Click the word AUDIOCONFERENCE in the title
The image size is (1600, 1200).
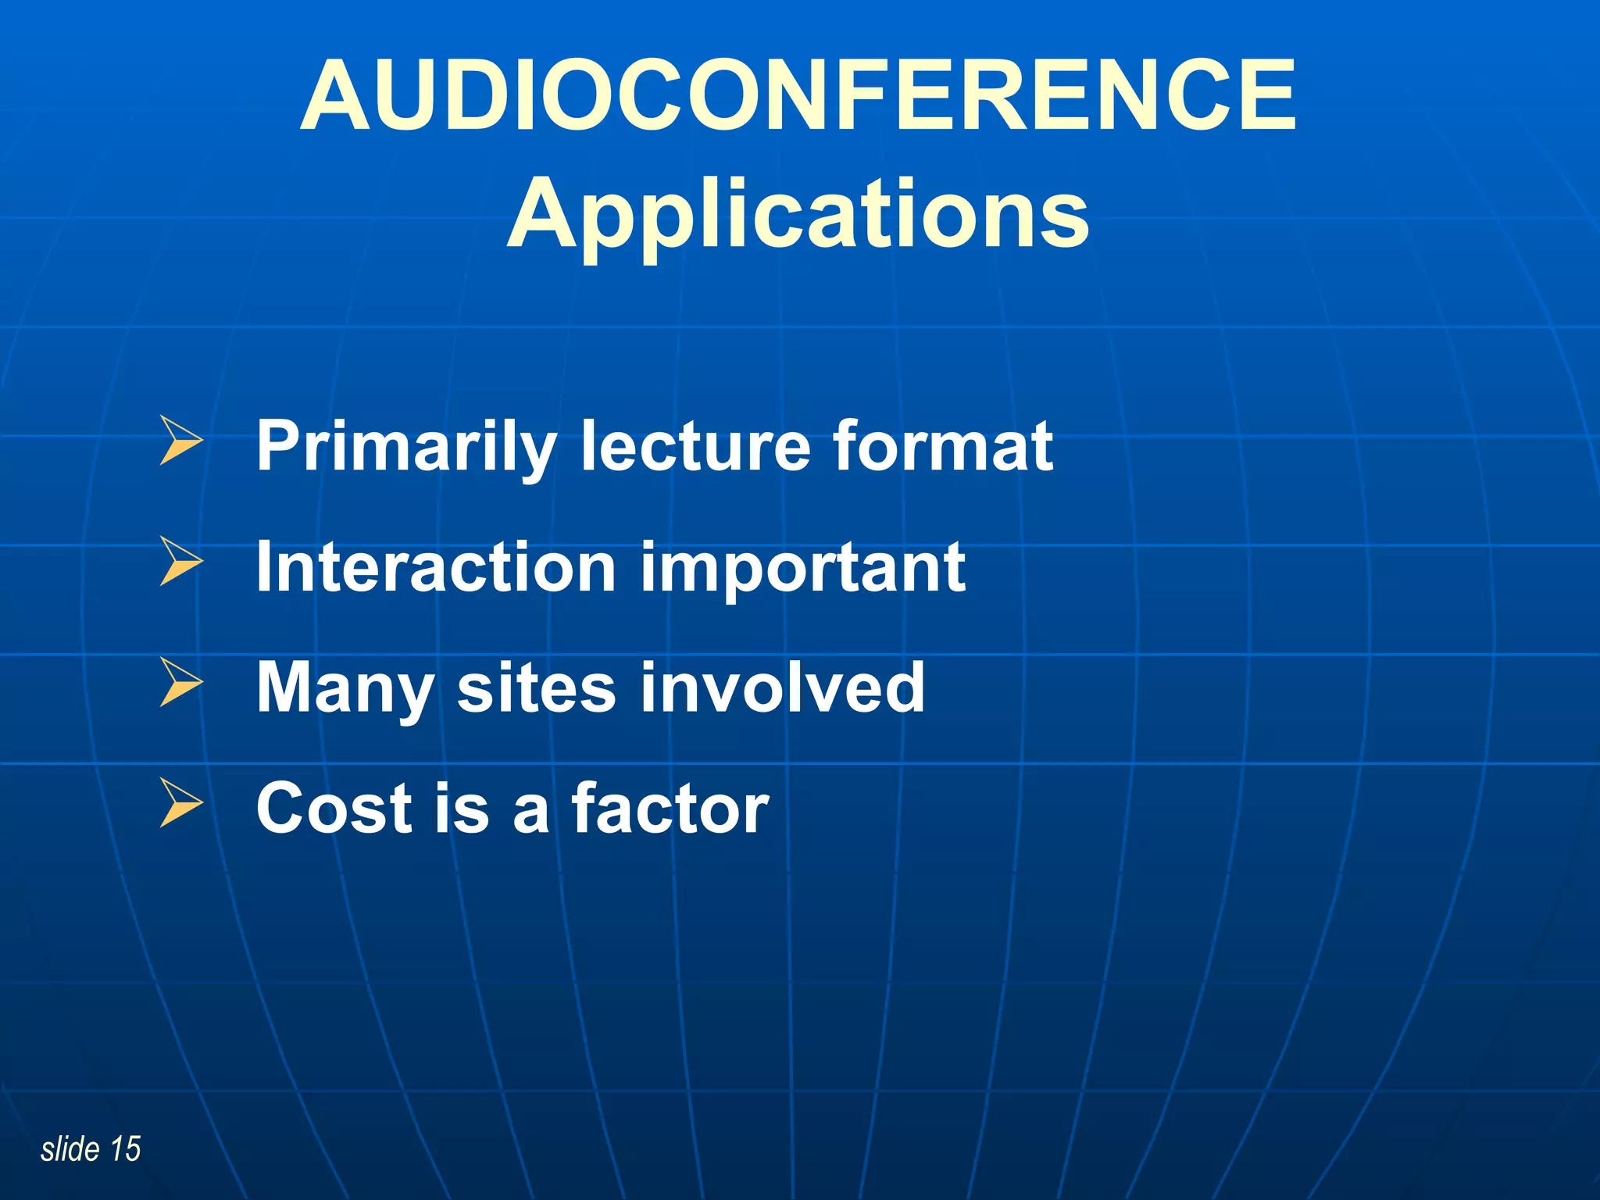point(798,96)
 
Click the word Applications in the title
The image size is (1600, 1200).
point(798,215)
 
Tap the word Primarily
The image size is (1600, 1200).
point(406,447)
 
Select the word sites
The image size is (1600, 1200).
point(536,687)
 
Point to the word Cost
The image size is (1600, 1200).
point(334,809)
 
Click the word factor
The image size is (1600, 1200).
point(670,809)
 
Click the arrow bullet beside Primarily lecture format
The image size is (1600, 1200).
point(180,441)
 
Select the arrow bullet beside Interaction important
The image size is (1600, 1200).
point(180,562)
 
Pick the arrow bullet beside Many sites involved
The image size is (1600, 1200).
point(180,682)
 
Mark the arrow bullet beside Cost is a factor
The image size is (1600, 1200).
point(180,802)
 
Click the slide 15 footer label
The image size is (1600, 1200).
point(91,1149)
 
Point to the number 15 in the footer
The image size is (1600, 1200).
point(125,1149)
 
